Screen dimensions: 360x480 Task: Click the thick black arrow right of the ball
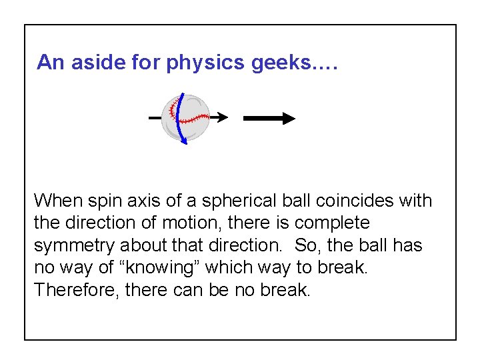[x=269, y=119]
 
